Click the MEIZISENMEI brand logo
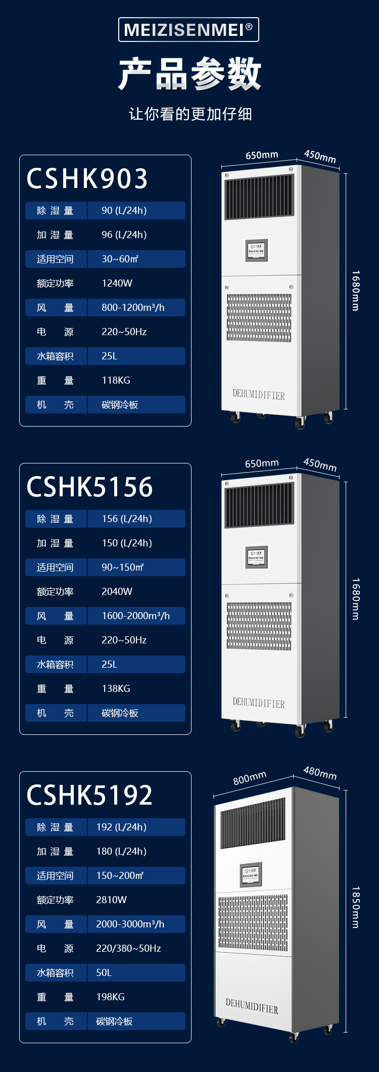tap(188, 30)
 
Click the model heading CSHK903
tap(87, 179)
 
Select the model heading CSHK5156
tap(89, 487)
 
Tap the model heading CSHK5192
tap(89, 796)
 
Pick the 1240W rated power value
tap(117, 284)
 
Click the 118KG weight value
tap(116, 381)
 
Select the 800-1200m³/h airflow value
tap(133, 308)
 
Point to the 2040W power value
tap(117, 592)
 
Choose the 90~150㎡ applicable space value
tap(123, 568)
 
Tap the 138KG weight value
tap(116, 689)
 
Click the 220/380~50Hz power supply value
tap(128, 949)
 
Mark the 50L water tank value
tap(104, 973)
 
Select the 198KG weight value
tap(110, 997)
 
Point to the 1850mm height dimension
tap(356, 907)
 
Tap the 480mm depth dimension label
tap(320, 773)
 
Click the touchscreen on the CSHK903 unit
tap(257, 250)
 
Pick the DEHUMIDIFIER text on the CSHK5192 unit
tap(252, 1006)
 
